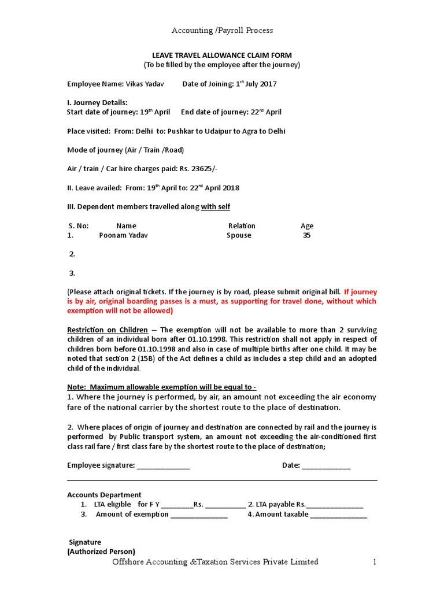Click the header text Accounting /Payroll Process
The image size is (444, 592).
click(222, 30)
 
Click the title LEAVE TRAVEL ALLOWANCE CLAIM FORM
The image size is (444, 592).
click(222, 55)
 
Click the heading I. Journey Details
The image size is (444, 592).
click(97, 103)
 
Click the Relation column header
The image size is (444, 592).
click(242, 226)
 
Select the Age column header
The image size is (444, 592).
click(307, 226)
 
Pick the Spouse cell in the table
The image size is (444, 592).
click(239, 235)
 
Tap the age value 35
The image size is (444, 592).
click(306, 235)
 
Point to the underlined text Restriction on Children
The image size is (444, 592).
click(108, 330)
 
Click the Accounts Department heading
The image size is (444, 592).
click(104, 495)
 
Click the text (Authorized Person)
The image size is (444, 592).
click(101, 552)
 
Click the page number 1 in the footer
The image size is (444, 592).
click(375, 562)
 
